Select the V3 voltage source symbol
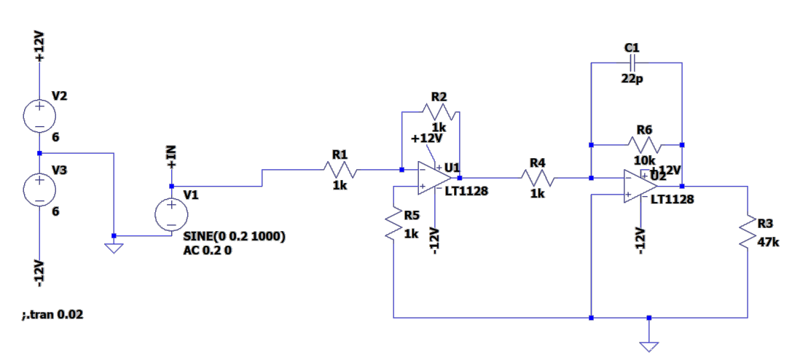40,189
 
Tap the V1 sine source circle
171,214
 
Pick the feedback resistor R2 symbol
439,111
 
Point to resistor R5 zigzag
394,223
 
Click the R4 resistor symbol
537,179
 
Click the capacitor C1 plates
632,63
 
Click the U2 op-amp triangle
640,187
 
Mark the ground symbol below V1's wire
114,249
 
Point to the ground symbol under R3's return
648,347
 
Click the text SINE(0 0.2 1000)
234,236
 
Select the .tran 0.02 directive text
52,315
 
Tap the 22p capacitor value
632,80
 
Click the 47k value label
769,242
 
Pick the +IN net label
171,157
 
